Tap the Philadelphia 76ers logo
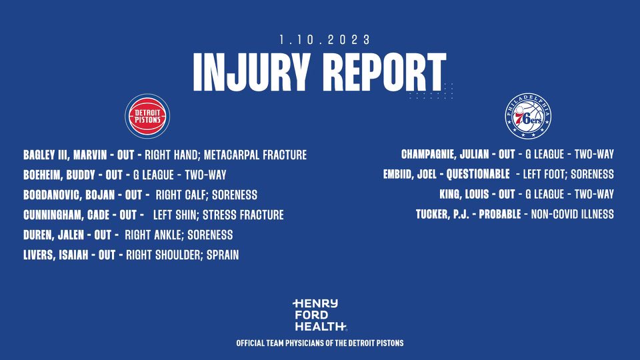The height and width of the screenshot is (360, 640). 527,116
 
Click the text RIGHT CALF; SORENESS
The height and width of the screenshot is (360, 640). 206,195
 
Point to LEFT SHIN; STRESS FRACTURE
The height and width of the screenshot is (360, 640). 219,215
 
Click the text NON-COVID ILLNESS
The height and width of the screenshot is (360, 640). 572,215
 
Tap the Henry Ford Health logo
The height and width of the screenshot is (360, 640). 319,315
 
